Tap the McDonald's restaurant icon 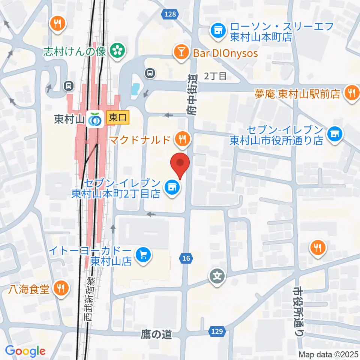tap(183, 139)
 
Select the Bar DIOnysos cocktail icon tap(182, 53)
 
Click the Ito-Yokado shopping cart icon tap(143, 255)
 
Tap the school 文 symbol tap(217, 277)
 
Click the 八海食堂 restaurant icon tap(61, 288)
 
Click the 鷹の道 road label tap(157, 333)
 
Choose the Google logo tap(25, 351)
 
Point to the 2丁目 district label tap(216, 76)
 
